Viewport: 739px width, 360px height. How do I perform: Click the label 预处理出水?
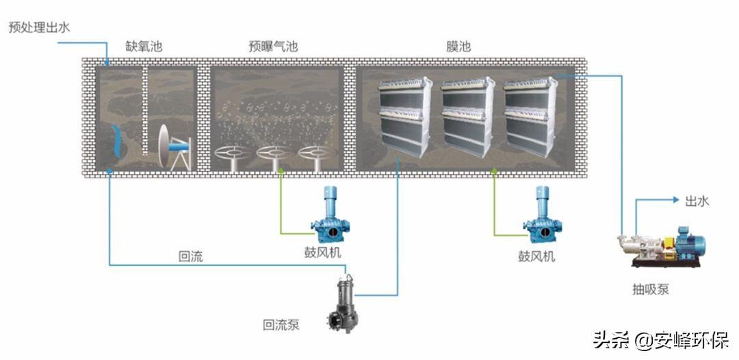coord(39,27)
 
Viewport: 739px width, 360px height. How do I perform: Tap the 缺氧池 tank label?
coord(144,46)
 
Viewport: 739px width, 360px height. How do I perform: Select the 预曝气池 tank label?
coord(273,46)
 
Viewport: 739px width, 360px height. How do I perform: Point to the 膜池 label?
coord(458,46)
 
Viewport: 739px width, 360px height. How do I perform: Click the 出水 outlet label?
coord(697,201)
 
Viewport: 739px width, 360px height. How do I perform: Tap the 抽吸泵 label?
coord(651,290)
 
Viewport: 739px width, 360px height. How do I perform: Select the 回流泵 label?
coord(281,325)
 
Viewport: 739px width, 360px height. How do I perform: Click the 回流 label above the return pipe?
coord(190,257)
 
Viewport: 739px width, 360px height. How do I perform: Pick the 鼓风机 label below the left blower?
coord(322,253)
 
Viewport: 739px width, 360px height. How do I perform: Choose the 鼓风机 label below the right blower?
coord(536,257)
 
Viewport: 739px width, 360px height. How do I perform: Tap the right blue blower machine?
coord(543,214)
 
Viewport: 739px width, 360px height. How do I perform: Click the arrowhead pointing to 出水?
coord(676,200)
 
